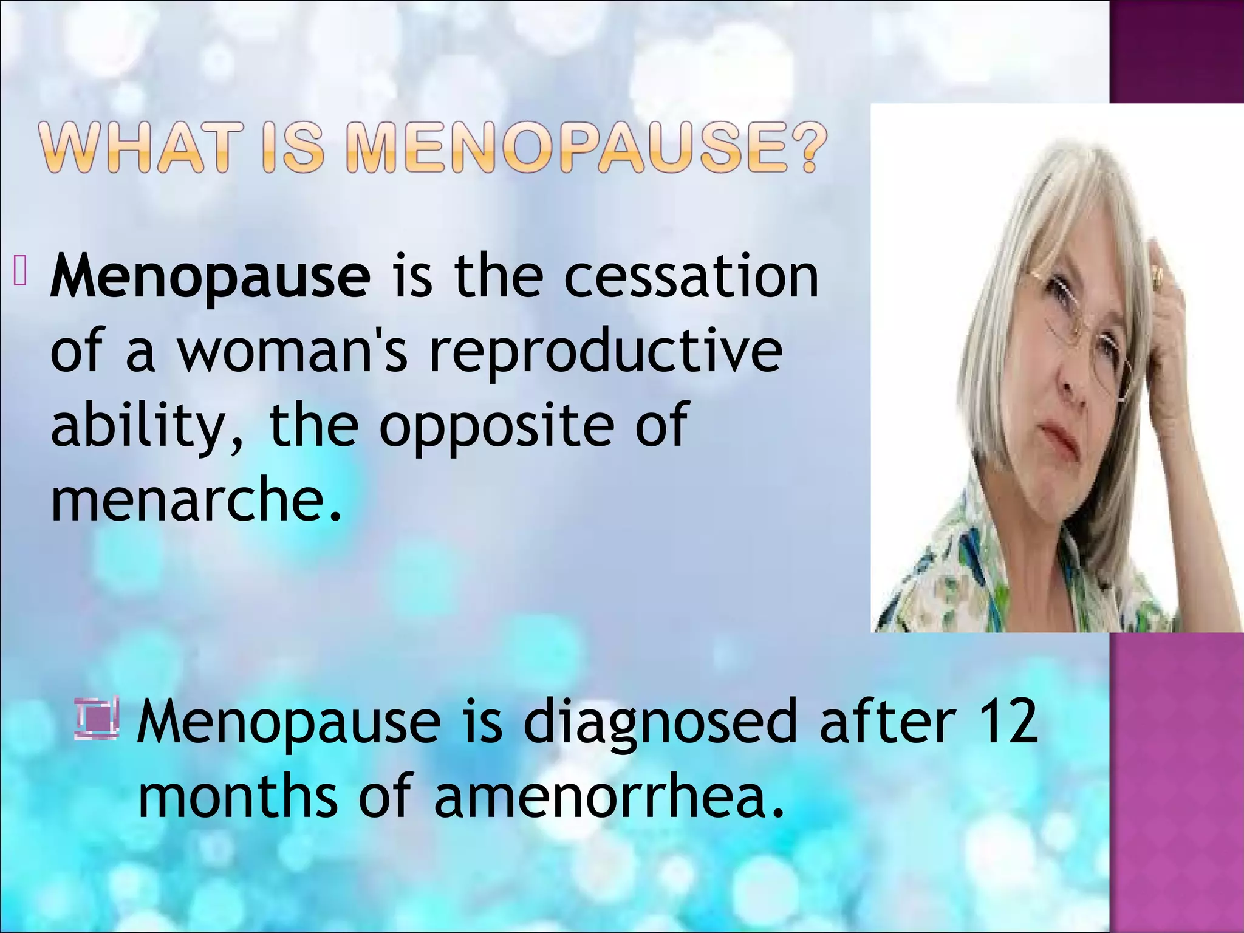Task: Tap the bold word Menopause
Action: click(x=210, y=277)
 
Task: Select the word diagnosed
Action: click(x=659, y=722)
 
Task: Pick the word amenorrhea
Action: click(x=607, y=796)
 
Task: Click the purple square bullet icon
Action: click(x=97, y=720)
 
